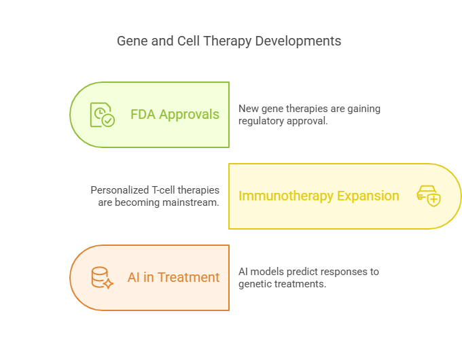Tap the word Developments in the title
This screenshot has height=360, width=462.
point(298,41)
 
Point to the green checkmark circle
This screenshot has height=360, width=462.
point(109,120)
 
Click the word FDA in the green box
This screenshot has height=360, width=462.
point(143,114)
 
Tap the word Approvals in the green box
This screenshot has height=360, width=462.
point(189,115)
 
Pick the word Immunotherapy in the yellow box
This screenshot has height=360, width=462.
point(286,196)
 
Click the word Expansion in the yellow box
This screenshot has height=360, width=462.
point(368,196)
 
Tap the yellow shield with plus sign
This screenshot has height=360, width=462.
point(433,200)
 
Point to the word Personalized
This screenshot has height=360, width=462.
point(120,190)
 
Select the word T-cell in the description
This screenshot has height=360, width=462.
point(163,190)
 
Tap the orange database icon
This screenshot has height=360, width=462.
point(102,278)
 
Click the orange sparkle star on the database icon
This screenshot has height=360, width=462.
point(109,284)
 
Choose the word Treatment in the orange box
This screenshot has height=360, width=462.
point(189,278)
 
